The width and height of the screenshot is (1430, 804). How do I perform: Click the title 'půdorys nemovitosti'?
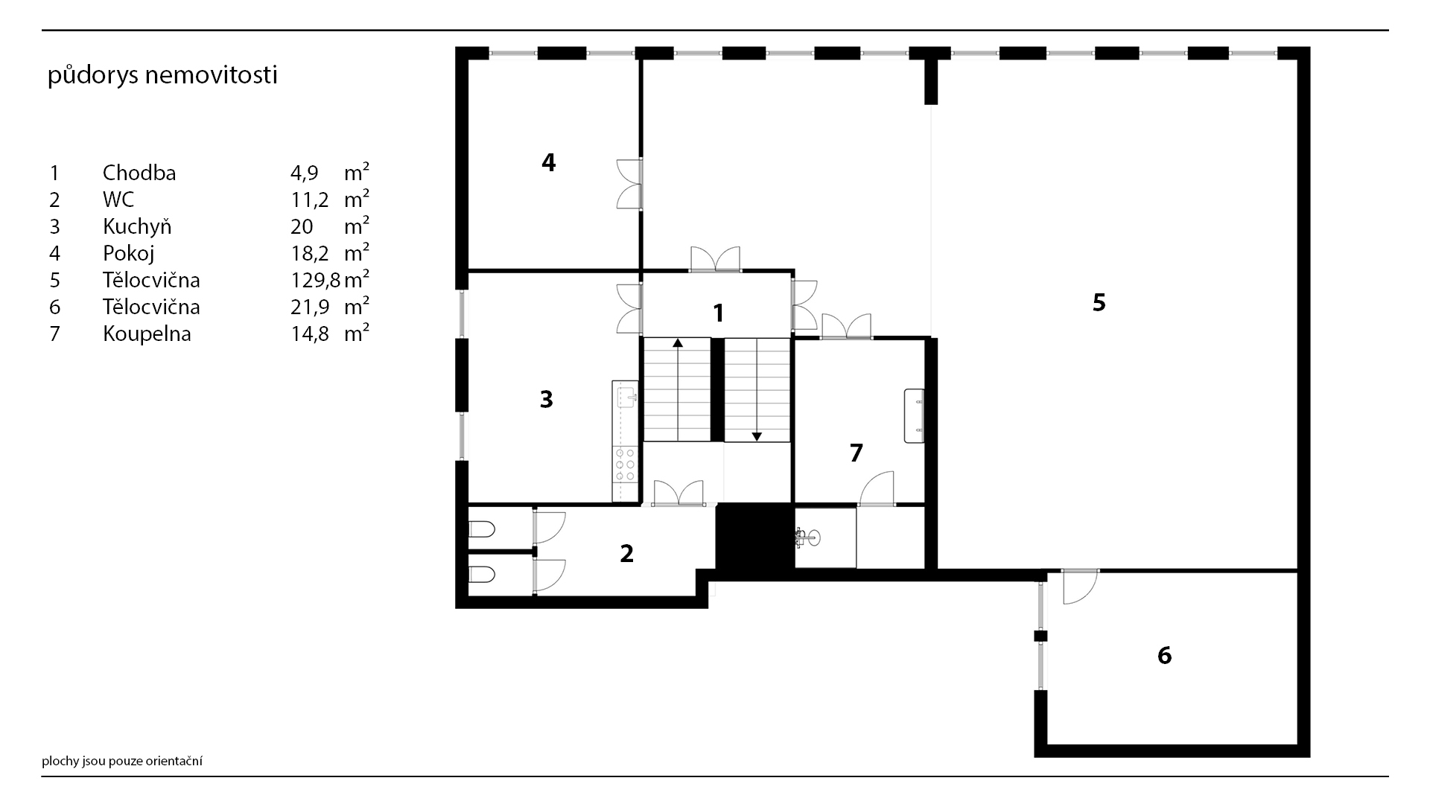162,76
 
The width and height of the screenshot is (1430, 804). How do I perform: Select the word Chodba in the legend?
139,173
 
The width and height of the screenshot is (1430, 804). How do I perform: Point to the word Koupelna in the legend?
147,334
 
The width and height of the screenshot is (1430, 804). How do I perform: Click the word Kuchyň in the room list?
137,226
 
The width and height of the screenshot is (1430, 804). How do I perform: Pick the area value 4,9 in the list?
305,173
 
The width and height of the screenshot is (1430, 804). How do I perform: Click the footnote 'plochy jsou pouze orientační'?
122,762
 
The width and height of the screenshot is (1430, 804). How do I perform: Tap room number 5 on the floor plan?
1099,302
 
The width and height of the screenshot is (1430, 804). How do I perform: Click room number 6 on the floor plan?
1164,655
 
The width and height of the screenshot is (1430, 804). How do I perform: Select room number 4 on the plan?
548,162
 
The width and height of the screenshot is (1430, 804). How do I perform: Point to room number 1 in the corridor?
718,313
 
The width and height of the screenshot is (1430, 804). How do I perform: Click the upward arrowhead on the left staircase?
678,343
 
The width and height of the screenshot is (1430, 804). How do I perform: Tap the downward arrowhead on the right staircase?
757,436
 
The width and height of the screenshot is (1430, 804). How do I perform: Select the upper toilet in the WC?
481,530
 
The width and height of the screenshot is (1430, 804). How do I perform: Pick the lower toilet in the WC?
481,575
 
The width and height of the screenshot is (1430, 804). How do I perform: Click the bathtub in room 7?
914,415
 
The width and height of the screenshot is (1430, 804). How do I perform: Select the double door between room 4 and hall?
629,184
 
